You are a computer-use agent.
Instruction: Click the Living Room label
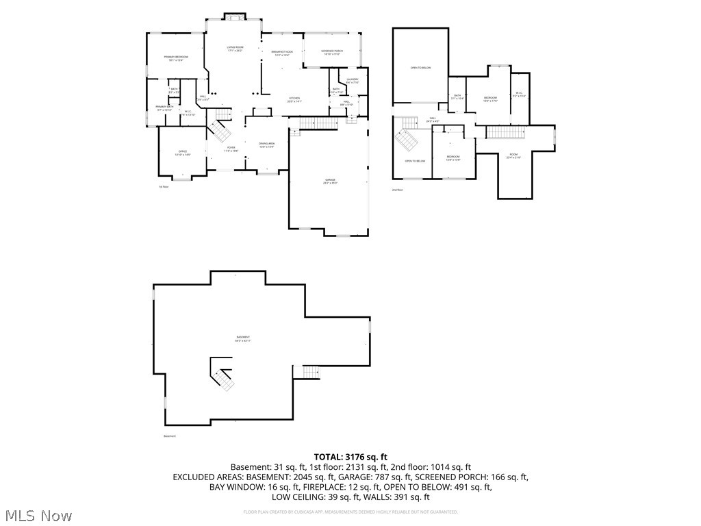pos(235,49)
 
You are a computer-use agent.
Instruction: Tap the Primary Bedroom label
pos(175,58)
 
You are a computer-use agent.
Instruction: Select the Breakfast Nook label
pos(282,53)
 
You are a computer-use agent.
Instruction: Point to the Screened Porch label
pos(332,52)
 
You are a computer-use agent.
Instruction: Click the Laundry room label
pos(352,81)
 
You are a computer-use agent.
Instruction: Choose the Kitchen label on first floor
pos(294,99)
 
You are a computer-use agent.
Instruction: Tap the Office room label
pos(183,153)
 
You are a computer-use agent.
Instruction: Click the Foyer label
pos(231,149)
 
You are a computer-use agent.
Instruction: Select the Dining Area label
pos(266,145)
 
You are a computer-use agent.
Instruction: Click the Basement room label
pos(243,338)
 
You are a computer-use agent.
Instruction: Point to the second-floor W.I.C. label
pos(519,95)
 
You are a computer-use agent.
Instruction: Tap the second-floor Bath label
pos(457,97)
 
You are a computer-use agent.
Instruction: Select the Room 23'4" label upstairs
pos(513,157)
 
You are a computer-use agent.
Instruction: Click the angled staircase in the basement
pos(222,375)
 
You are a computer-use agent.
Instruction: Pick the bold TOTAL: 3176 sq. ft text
pos(350,456)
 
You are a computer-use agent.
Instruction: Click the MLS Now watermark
pos(38,515)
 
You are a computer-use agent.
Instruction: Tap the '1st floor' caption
pos(163,186)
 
